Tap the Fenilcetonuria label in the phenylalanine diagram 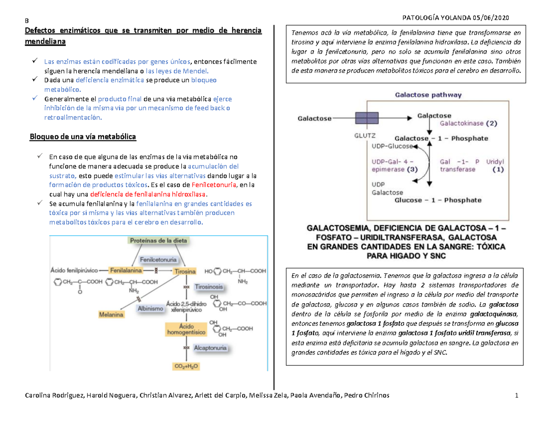coord(159,259)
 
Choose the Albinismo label coord(150,309)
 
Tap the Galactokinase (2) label coord(469,123)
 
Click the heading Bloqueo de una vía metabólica coord(83,137)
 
